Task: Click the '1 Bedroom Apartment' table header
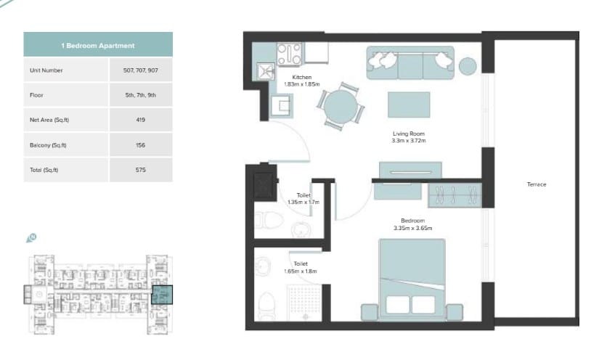(x=98, y=45)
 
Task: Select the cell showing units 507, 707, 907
(x=141, y=70)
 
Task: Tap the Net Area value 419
(x=141, y=120)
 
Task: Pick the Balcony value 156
(x=141, y=145)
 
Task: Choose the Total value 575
(x=141, y=170)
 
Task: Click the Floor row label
(x=36, y=95)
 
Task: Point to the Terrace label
(x=537, y=184)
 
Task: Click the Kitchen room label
(x=302, y=77)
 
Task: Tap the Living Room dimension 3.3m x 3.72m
(x=409, y=141)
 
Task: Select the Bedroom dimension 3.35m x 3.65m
(x=412, y=228)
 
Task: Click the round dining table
(x=341, y=107)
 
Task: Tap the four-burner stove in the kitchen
(x=289, y=54)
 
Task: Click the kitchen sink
(x=266, y=71)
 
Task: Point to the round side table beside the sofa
(x=468, y=66)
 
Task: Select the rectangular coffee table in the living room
(x=409, y=105)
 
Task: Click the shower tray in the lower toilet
(x=305, y=303)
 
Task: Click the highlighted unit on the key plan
(x=162, y=295)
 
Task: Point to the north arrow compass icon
(x=31, y=237)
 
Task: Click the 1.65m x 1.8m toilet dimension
(x=301, y=271)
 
